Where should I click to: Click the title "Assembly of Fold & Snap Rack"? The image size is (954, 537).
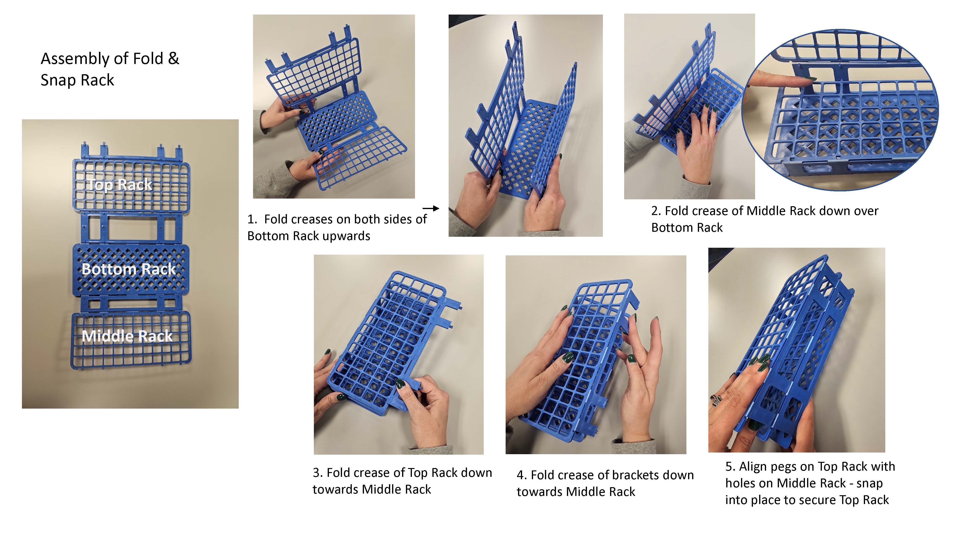pyautogui.click(x=110, y=69)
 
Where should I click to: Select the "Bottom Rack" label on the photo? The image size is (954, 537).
pyautogui.click(x=129, y=269)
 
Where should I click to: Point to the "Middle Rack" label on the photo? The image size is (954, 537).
pyautogui.click(x=127, y=336)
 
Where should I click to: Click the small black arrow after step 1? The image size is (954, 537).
pyautogui.click(x=431, y=209)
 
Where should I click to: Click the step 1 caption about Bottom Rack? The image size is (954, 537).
pyautogui.click(x=337, y=227)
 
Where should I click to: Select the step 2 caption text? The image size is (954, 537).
pyautogui.click(x=765, y=219)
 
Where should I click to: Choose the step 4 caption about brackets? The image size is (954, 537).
pyautogui.click(x=605, y=483)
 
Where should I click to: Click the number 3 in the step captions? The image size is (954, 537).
pyautogui.click(x=316, y=473)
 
